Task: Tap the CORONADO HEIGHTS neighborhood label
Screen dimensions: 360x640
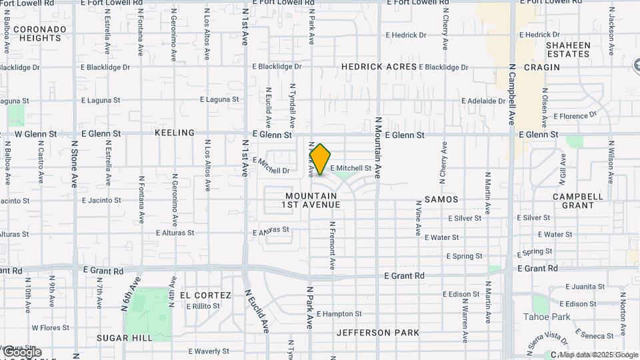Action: pyautogui.click(x=40, y=33)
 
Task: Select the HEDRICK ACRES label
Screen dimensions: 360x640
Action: pyautogui.click(x=379, y=67)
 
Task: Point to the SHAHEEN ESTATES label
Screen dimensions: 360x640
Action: pyautogui.click(x=568, y=49)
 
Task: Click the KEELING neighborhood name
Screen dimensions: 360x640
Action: pyautogui.click(x=175, y=133)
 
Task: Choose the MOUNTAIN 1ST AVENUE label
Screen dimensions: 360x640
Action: pyautogui.click(x=313, y=200)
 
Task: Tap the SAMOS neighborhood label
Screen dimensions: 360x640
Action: pyautogui.click(x=441, y=199)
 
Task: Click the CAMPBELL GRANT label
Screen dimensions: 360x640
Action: pyautogui.click(x=578, y=201)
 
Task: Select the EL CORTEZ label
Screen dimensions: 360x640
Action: pyautogui.click(x=205, y=295)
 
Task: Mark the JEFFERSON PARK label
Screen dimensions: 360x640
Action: pyautogui.click(x=378, y=332)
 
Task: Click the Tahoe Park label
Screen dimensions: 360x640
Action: pyautogui.click(x=547, y=317)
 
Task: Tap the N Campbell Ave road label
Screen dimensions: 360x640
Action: pyautogui.click(x=512, y=94)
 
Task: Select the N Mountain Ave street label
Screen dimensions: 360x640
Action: pyautogui.click(x=377, y=147)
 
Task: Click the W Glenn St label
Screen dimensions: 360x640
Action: pyautogui.click(x=29, y=133)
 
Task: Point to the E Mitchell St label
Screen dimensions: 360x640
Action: pyautogui.click(x=351, y=168)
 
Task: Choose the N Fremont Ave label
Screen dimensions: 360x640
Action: pyautogui.click(x=331, y=245)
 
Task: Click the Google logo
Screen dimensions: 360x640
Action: pyautogui.click(x=21, y=351)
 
